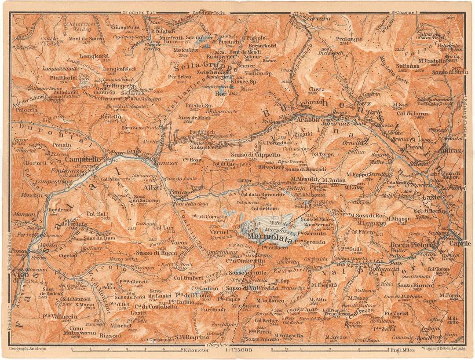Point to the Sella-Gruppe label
tap(206, 69)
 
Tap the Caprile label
tap(460, 243)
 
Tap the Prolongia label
tap(349, 39)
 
